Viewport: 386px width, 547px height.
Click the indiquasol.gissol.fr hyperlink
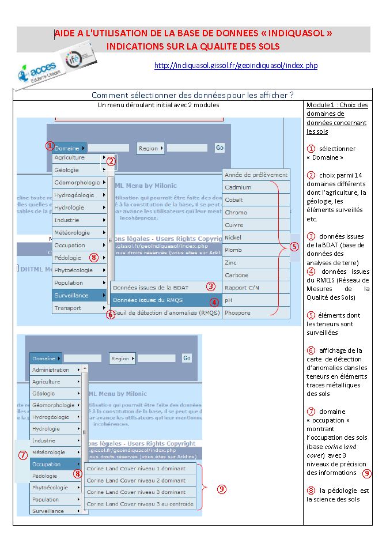(236, 66)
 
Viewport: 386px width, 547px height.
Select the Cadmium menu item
(237, 187)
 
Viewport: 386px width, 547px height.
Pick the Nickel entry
(233, 237)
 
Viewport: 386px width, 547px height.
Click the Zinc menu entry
(231, 262)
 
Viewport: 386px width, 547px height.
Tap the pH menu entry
(229, 300)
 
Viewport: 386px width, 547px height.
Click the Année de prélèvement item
(255, 175)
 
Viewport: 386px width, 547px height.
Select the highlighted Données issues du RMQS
(156, 300)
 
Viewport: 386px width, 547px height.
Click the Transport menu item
(68, 308)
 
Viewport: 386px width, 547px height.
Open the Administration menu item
(51, 370)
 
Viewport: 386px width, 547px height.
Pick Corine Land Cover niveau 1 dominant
(136, 468)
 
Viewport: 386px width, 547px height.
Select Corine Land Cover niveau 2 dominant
(136, 480)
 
